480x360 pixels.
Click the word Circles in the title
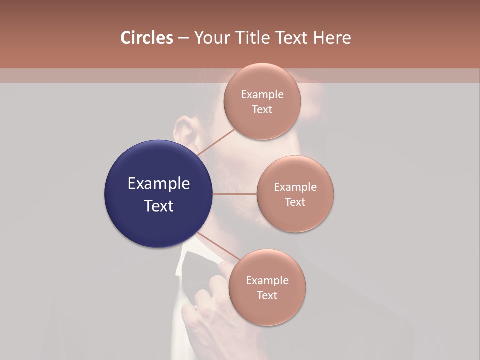(147, 38)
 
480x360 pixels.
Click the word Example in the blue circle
(158, 184)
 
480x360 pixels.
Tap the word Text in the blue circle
(158, 206)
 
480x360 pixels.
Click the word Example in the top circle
(262, 95)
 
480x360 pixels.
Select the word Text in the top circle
(262, 110)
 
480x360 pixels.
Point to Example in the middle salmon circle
(295, 187)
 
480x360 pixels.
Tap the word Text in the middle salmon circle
(295, 202)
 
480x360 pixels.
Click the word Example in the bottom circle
(267, 281)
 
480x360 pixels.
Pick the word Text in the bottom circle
(267, 296)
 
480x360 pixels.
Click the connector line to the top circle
(216, 142)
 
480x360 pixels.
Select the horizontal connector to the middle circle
(235, 194)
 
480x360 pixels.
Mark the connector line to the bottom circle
(216, 247)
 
